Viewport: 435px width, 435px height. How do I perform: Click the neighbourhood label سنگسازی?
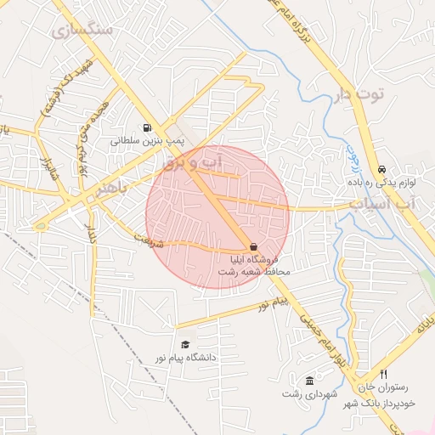(82, 30)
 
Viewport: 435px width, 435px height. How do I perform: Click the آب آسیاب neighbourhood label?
(384, 205)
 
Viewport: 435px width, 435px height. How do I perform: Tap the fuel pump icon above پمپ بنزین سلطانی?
(150, 120)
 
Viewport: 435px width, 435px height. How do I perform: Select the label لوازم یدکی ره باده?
(381, 183)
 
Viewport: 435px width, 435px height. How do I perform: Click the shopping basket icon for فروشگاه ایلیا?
(254, 245)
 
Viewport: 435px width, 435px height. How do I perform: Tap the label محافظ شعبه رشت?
(255, 272)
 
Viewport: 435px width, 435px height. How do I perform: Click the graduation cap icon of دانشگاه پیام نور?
(185, 344)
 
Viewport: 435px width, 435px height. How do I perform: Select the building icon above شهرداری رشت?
(309, 380)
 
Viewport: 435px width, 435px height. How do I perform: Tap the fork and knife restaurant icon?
(383, 374)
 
